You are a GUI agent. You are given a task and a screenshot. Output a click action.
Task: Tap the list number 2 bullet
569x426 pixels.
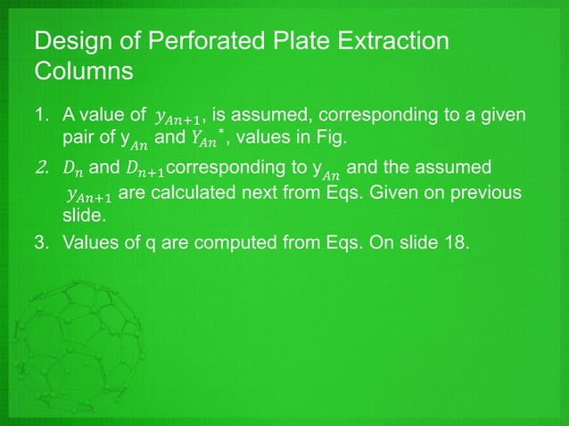coord(40,167)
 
